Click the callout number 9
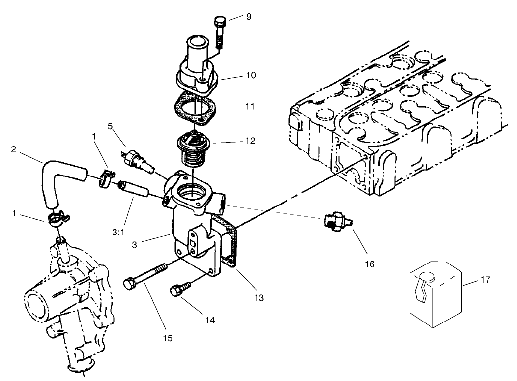coord(248,17)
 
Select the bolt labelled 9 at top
coord(220,31)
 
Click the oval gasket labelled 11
coord(195,108)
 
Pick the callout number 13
coord(258,297)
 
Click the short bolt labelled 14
coord(178,293)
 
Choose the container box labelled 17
coord(435,295)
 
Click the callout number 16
coord(369,264)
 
